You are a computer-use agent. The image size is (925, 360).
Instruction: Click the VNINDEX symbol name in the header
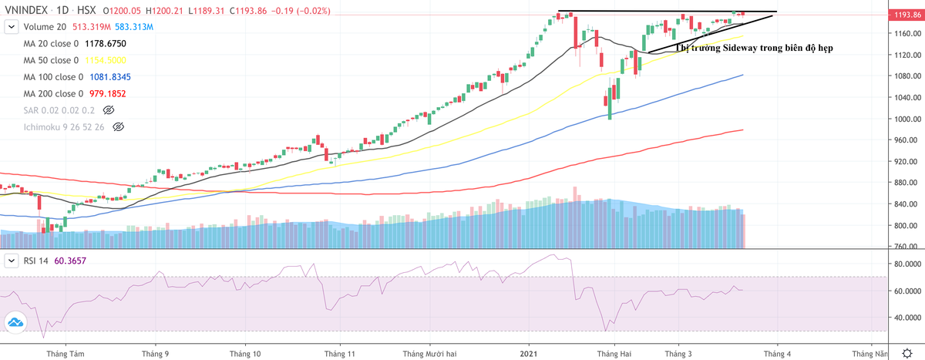[x=23, y=10]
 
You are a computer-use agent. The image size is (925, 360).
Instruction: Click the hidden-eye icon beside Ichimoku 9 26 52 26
[x=118, y=126]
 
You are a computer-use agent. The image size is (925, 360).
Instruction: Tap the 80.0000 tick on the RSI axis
[x=906, y=264]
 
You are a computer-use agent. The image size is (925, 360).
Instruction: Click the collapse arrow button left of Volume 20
[x=12, y=27]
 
